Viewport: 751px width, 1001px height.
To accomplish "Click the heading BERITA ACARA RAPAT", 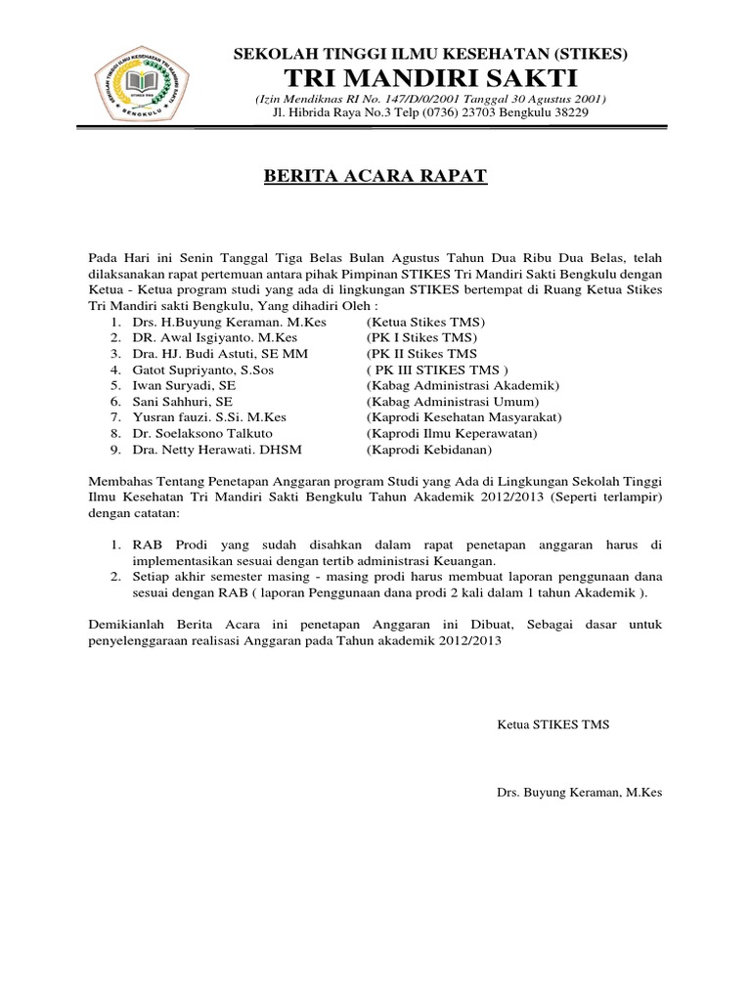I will [x=376, y=177].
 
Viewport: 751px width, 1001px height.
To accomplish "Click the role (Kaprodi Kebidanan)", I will [x=429, y=449].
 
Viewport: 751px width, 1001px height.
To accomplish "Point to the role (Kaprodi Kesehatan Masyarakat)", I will [x=464, y=417].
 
